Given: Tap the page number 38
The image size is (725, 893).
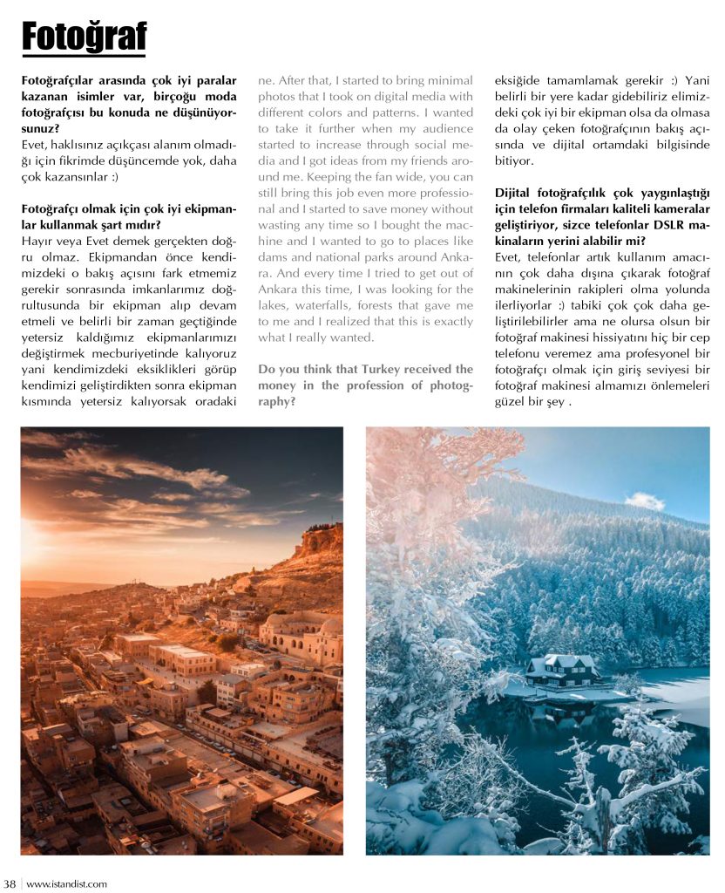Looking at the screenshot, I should tap(10, 883).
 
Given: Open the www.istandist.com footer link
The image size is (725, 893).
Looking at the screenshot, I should tap(67, 883).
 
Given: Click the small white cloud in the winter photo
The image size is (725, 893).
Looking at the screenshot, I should tap(645, 501).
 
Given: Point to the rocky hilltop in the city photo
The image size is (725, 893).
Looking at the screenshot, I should tap(319, 541).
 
